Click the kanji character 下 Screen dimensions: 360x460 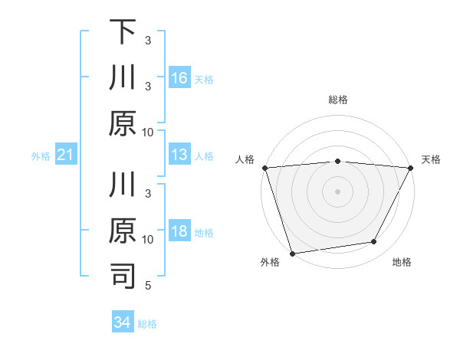[123, 33]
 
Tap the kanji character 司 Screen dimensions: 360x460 [123, 277]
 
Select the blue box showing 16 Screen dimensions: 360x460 [179, 77]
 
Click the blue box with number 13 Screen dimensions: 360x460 [179, 155]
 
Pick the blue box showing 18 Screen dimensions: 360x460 [179, 232]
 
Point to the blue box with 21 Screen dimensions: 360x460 [66, 155]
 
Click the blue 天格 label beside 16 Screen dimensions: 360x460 [204, 79]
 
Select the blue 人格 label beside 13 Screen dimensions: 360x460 [204, 156]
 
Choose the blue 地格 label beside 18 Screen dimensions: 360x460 [204, 233]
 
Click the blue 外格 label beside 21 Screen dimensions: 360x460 [41, 156]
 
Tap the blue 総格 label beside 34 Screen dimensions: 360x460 [147, 324]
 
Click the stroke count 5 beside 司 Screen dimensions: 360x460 [148, 286]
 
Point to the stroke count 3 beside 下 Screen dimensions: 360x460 [148, 40]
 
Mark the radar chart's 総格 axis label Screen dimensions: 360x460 [338, 100]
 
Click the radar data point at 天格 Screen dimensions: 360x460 [411, 168]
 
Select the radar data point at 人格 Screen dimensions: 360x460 [264, 168]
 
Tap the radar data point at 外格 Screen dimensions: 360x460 [292, 253]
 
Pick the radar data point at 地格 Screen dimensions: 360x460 [374, 242]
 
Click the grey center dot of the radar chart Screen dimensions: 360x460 [338, 191]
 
